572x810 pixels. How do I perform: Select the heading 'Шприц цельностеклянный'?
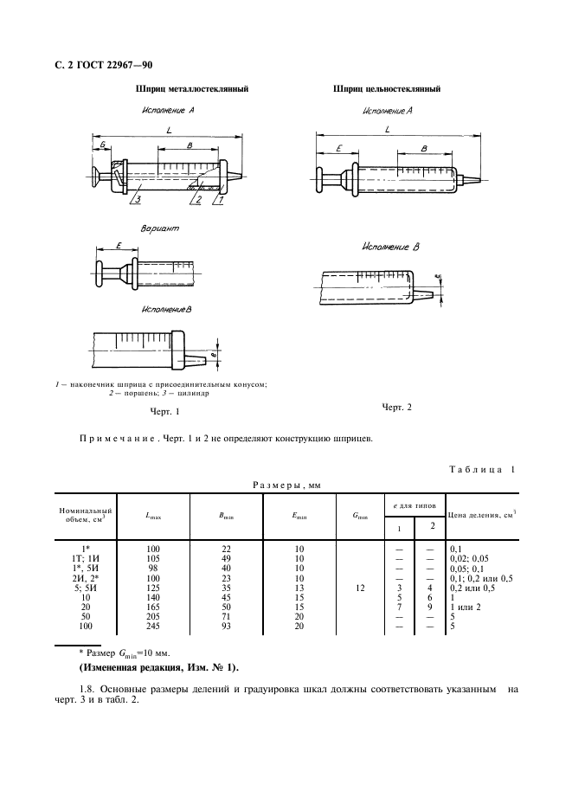point(387,88)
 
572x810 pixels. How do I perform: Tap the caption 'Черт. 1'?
point(164,412)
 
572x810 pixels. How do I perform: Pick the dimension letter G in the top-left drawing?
point(102,144)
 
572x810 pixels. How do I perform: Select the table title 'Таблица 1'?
point(481,469)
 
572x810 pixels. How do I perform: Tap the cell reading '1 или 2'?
point(465,606)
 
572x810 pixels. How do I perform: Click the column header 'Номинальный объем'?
point(86,516)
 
